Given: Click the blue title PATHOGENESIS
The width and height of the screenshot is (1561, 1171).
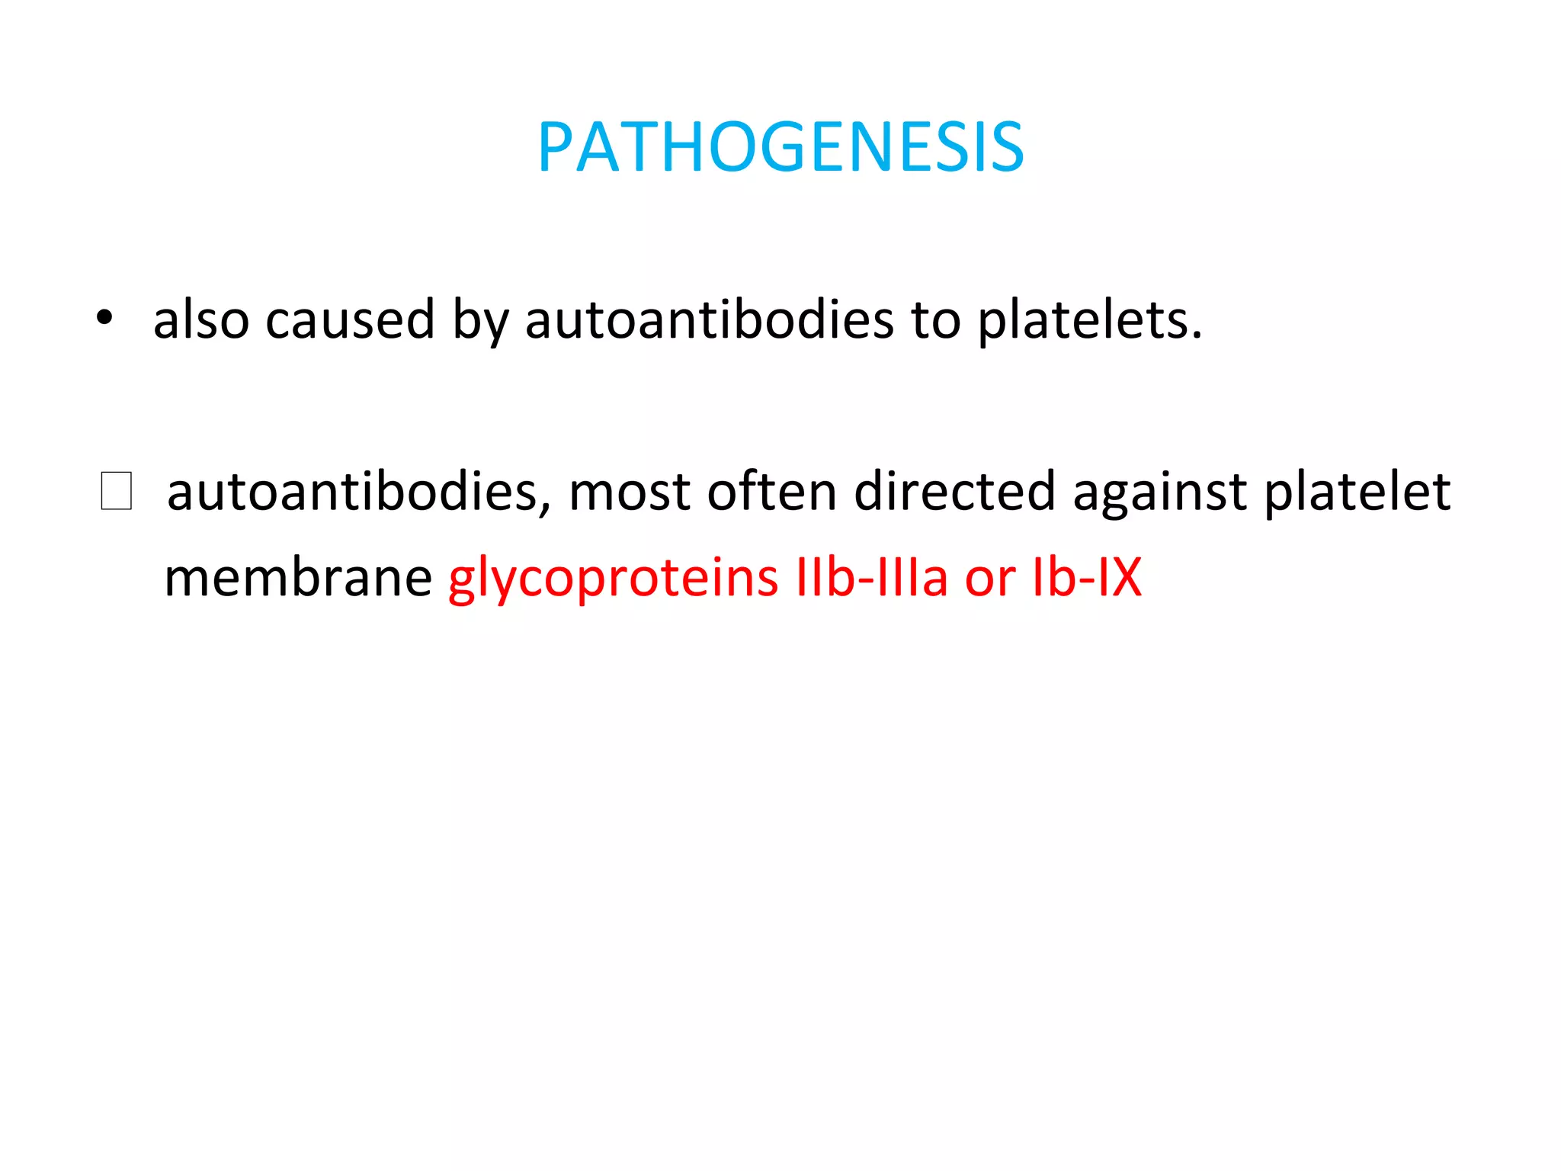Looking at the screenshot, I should click(x=780, y=147).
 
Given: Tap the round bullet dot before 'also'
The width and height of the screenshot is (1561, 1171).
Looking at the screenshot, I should click(x=105, y=318).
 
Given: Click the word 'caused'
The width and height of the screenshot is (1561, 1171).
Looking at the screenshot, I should click(x=350, y=320).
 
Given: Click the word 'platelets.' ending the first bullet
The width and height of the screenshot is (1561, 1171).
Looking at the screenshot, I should click(x=1090, y=320).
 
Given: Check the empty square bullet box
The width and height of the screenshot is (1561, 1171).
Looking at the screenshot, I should click(x=116, y=491).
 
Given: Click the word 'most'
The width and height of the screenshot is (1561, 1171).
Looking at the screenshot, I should click(x=630, y=492).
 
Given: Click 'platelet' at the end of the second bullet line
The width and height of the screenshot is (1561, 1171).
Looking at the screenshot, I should click(x=1357, y=492).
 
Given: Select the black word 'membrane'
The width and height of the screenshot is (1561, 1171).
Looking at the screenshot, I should click(x=298, y=577).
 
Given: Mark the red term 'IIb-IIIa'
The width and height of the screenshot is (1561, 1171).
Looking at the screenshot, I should click(x=871, y=577).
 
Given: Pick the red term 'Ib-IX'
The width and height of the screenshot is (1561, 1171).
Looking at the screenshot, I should click(x=1087, y=577).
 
